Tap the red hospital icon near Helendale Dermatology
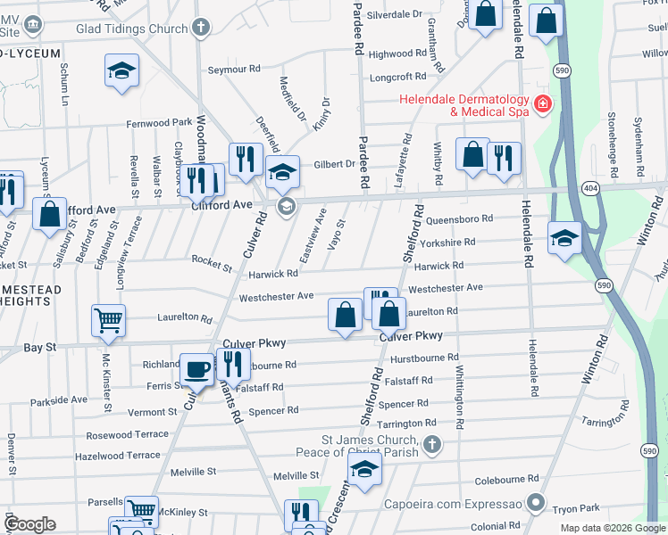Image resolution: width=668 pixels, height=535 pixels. [541, 106]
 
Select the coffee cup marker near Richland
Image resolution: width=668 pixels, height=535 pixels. [196, 368]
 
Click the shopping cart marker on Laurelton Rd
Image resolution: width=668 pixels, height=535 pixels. [109, 319]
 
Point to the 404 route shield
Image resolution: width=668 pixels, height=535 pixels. [589, 189]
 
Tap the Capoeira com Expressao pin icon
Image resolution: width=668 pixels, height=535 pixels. [535, 503]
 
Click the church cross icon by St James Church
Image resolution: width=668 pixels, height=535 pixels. [432, 444]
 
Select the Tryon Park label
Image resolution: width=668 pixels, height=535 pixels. [577, 507]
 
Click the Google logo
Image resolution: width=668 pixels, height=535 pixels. [30, 524]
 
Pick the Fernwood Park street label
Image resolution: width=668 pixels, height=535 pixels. [159, 122]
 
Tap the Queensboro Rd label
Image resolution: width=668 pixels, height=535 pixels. [460, 218]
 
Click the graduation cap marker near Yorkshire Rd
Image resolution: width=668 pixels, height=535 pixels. [564, 238]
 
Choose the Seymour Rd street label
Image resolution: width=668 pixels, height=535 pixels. [233, 69]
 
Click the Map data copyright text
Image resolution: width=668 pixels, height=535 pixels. [612, 528]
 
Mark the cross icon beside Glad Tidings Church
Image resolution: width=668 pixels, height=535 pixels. [202, 27]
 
